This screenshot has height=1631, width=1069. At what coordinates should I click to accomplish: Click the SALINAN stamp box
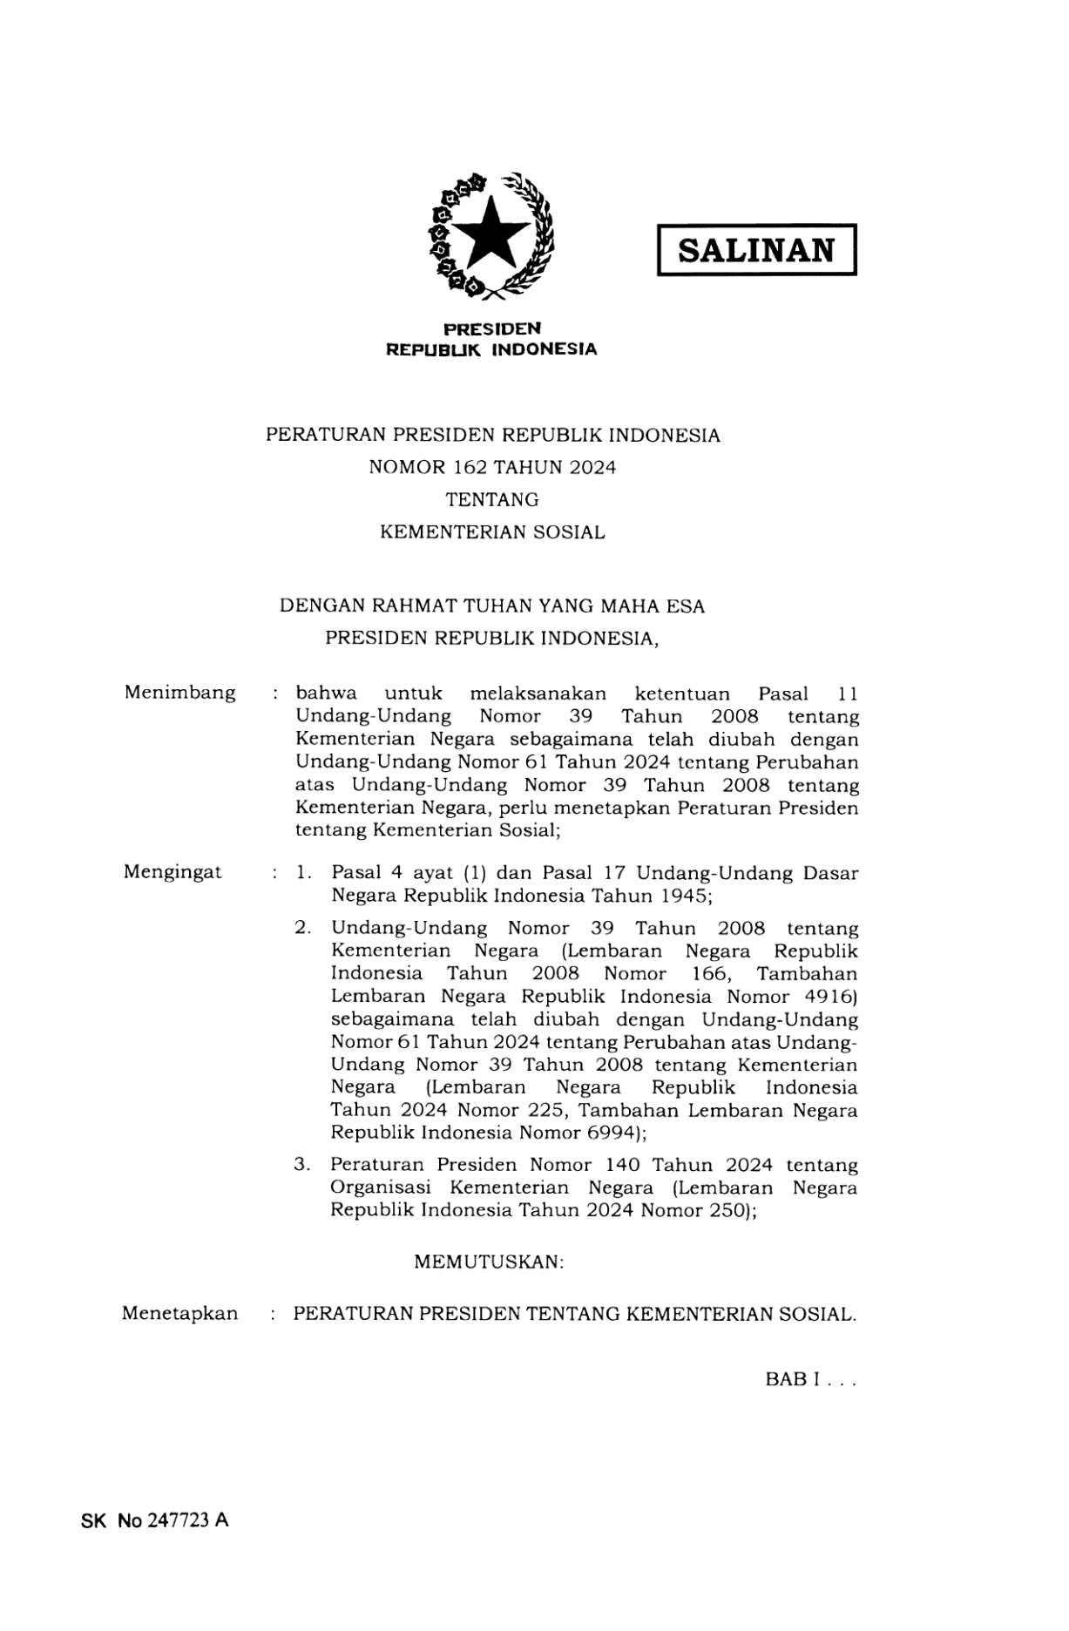click(756, 250)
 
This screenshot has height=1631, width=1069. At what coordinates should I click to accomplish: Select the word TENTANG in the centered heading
click(492, 500)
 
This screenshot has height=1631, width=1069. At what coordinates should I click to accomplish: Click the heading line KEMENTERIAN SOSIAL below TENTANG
click(492, 532)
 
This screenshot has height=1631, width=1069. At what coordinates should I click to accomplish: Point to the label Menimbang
click(179, 694)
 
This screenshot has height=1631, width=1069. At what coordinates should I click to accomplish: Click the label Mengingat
click(173, 872)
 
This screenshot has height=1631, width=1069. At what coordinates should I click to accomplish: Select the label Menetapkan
click(179, 1314)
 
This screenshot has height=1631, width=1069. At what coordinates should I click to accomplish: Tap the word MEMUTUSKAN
click(489, 1262)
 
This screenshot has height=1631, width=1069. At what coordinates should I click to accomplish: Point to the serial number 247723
click(178, 1521)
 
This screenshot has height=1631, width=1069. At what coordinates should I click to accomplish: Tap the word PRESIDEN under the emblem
click(492, 329)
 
